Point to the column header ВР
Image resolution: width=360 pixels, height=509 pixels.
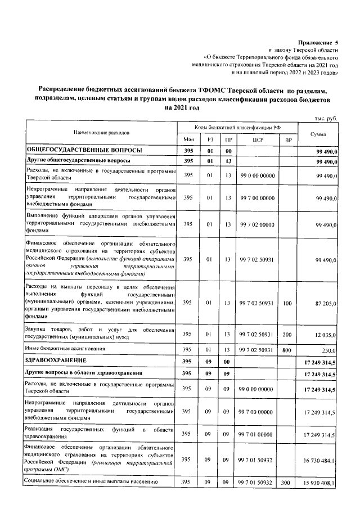(x=288, y=139)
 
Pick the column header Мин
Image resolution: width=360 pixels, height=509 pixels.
(x=187, y=139)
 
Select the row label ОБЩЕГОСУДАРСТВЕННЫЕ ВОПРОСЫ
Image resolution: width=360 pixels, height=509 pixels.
(x=80, y=150)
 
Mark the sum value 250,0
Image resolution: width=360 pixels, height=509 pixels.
(x=328, y=349)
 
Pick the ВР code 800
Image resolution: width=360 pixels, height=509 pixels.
(x=288, y=349)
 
